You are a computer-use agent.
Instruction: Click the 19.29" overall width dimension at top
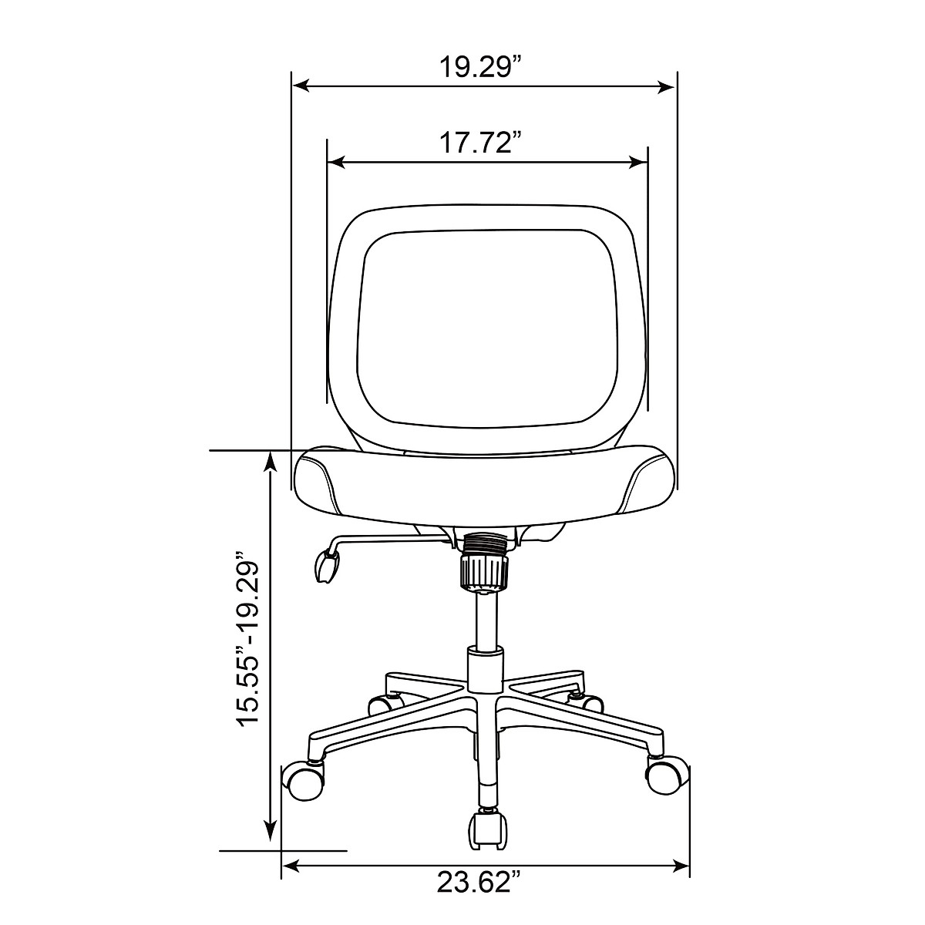coord(480,67)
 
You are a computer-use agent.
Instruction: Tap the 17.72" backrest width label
coord(480,143)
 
